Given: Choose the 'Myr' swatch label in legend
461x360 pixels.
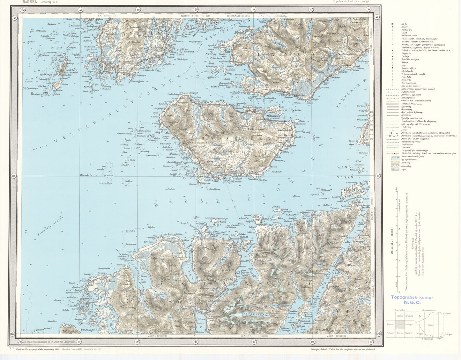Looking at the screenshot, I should (403, 169).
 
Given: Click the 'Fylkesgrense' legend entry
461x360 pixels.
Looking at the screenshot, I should (408, 92).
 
